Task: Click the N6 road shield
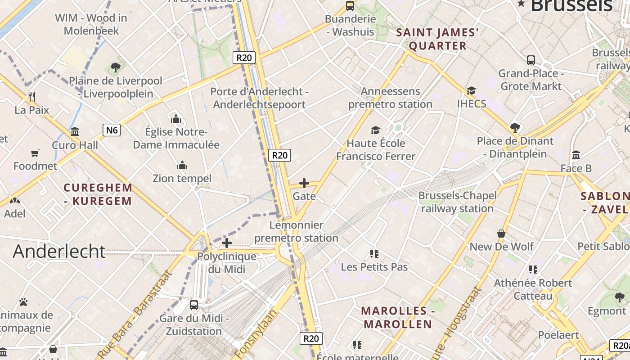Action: [x=112, y=130]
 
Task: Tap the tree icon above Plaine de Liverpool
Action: [x=116, y=68]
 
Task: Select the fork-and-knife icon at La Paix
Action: [x=32, y=97]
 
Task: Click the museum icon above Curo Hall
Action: [x=75, y=132]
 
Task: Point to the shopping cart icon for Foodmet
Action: [x=35, y=153]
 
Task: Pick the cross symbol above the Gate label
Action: [x=304, y=183]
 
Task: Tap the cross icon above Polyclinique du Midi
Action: [x=227, y=243]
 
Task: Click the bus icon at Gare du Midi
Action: [x=194, y=305]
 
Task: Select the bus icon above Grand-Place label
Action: [x=531, y=60]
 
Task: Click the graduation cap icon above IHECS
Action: [x=471, y=91]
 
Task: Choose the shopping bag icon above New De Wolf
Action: [x=501, y=234]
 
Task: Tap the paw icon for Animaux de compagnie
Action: [x=23, y=302]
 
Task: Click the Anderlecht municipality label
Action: [x=59, y=251]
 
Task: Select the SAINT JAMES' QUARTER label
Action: [x=437, y=39]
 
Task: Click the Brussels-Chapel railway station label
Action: [x=458, y=202]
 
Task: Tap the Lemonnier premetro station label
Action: [x=297, y=231]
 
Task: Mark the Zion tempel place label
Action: [x=182, y=179]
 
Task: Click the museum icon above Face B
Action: [x=576, y=155]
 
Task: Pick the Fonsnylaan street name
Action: [x=255, y=333]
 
